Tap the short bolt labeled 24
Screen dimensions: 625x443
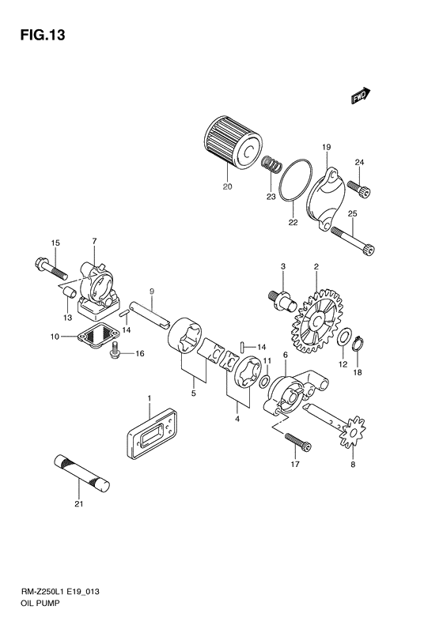pyautogui.click(x=366, y=190)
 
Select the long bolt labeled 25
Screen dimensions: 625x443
pyautogui.click(x=351, y=238)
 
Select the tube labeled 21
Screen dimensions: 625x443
pyautogui.click(x=81, y=472)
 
